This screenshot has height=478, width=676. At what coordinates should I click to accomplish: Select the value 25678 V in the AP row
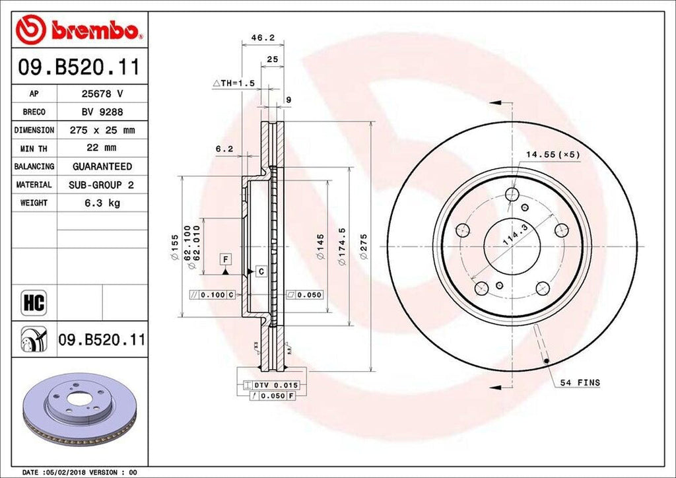102,94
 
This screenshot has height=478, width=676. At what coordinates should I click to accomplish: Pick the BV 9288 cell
102,112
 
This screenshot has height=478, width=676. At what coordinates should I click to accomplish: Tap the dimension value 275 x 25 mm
102,131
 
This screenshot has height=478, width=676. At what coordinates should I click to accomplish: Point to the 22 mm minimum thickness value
102,149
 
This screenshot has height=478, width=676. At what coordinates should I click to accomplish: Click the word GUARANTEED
102,166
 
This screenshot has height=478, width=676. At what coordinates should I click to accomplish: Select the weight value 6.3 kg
102,203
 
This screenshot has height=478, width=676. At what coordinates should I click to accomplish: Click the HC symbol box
33,303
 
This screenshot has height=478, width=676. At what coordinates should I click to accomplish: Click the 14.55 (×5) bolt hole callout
552,154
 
